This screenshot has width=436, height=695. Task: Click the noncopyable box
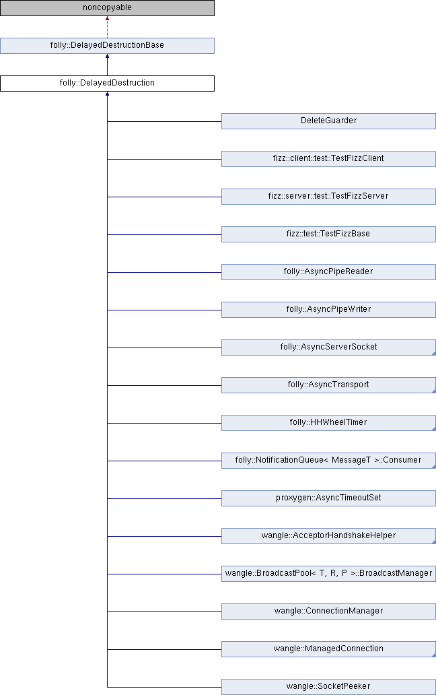pyautogui.click(x=107, y=8)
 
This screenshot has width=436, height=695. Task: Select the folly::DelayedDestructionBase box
pyautogui.click(x=107, y=46)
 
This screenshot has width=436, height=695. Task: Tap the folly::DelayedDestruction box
pyautogui.click(x=107, y=84)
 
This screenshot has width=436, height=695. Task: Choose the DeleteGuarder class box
pyautogui.click(x=328, y=121)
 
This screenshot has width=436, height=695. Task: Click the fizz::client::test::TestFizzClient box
pyautogui.click(x=328, y=159)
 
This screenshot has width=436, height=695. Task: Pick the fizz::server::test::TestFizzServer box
pyautogui.click(x=328, y=197)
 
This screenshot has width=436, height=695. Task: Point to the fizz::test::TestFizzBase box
pyautogui.click(x=328, y=234)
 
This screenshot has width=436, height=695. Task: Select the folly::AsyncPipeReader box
pyautogui.click(x=328, y=272)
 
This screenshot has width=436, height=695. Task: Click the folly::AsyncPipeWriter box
pyautogui.click(x=328, y=310)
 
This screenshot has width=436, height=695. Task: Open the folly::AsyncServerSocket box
pyautogui.click(x=328, y=347)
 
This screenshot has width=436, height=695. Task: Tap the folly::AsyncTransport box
pyautogui.click(x=328, y=385)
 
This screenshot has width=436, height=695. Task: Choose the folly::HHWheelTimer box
pyautogui.click(x=328, y=423)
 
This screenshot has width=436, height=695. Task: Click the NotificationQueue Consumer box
pyautogui.click(x=328, y=461)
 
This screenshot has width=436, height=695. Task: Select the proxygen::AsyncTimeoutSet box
pyautogui.click(x=328, y=498)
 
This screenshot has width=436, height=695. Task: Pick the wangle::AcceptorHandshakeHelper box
pyautogui.click(x=328, y=536)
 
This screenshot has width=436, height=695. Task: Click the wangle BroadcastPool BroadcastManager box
pyautogui.click(x=328, y=574)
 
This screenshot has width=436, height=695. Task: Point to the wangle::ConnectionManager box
pyautogui.click(x=328, y=611)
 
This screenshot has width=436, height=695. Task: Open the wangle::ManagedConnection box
pyautogui.click(x=328, y=649)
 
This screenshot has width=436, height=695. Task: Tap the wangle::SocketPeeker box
pyautogui.click(x=328, y=687)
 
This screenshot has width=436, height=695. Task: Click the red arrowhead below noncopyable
pyautogui.click(x=107, y=20)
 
